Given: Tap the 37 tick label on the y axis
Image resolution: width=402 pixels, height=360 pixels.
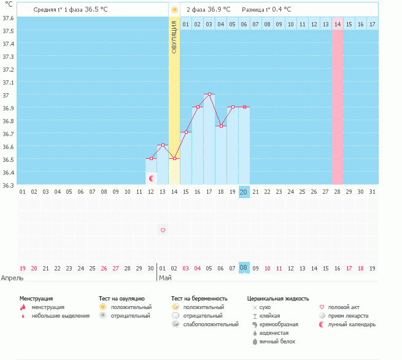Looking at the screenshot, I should click(7, 95).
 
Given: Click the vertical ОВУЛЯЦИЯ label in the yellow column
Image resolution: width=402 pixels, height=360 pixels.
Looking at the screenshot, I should click(174, 37).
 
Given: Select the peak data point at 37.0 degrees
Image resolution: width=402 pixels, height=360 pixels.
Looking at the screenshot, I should click(209, 94).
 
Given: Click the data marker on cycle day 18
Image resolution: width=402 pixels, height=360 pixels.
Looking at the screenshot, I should click(221, 126).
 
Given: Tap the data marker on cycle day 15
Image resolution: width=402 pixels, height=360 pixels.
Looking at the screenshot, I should click(186, 132).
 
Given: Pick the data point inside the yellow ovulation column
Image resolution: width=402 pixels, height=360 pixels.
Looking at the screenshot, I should click(174, 158).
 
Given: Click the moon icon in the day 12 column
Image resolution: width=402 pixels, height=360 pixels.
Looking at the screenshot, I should click(151, 178).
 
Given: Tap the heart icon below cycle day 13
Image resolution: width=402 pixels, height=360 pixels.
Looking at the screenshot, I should click(163, 230).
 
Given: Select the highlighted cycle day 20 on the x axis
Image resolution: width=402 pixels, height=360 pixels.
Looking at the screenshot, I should click(244, 191).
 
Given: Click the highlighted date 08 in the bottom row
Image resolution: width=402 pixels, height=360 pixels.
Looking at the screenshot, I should click(244, 268).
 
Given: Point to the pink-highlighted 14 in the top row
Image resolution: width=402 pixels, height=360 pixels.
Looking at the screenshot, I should click(338, 24).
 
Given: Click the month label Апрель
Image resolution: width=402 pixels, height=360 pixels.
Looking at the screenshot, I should click(12, 278).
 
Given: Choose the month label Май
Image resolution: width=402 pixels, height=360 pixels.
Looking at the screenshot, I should click(165, 278).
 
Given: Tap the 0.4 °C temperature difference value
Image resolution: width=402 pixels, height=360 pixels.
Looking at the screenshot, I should click(279, 10).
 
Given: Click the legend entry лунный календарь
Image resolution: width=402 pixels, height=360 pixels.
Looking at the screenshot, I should click(351, 324).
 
